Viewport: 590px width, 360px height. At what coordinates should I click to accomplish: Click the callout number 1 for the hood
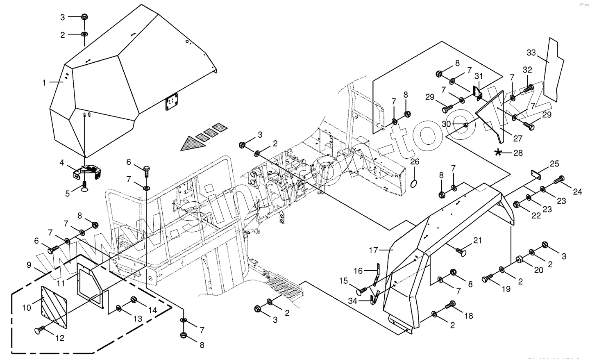[44, 82]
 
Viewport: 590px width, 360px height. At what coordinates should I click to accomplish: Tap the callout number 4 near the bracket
[62, 163]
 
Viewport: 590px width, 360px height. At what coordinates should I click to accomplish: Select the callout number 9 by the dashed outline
[29, 265]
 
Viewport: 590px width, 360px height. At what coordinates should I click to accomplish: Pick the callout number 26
[415, 162]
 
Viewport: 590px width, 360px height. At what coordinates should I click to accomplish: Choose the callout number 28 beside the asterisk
[518, 153]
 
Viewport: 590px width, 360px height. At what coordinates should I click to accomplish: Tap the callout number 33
[531, 53]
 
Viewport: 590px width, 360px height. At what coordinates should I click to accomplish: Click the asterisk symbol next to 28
[499, 153]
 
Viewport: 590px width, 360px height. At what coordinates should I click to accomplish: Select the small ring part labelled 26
[415, 182]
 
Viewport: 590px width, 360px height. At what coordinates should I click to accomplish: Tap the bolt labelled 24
[560, 180]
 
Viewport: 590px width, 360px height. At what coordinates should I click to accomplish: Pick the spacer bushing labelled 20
[520, 260]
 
